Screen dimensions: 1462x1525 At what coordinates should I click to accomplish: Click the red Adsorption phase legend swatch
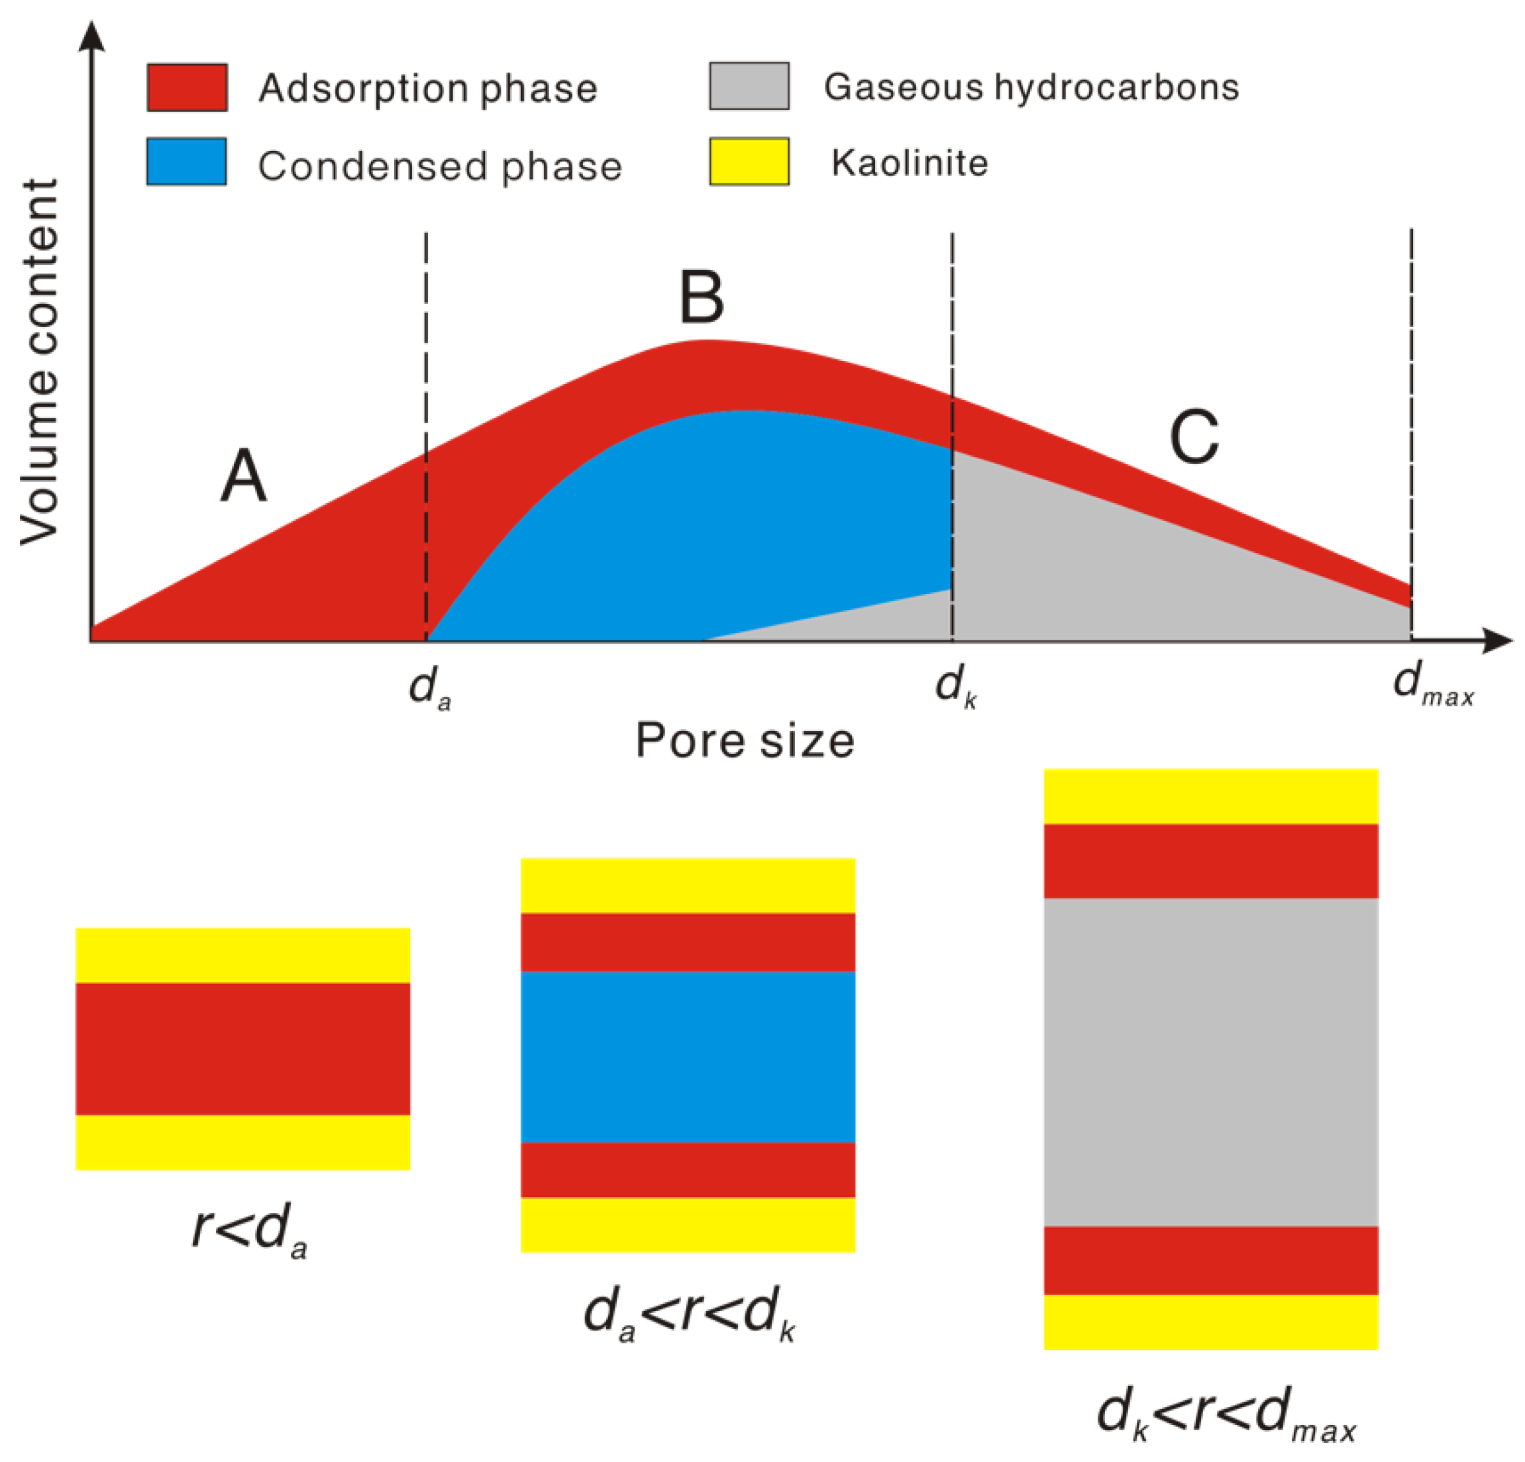[x=187, y=88]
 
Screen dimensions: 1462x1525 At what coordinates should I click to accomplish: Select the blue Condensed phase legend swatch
[x=187, y=162]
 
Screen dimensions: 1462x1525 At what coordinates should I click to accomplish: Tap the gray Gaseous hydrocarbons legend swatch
[x=749, y=86]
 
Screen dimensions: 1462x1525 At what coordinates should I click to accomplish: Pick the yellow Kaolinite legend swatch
[x=749, y=162]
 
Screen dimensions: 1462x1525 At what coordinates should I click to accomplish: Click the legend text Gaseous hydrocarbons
[x=1031, y=87]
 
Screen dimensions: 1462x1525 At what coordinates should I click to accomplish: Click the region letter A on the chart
[x=244, y=476]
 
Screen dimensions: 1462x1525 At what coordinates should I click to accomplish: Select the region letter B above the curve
[x=702, y=297]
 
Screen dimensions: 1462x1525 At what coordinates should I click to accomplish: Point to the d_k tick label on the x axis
[x=955, y=687]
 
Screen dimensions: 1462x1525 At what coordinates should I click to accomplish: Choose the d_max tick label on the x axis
[x=1432, y=685]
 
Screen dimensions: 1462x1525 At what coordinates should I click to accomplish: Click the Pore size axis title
[x=745, y=740]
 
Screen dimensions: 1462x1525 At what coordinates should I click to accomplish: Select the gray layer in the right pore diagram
[x=1211, y=1061]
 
